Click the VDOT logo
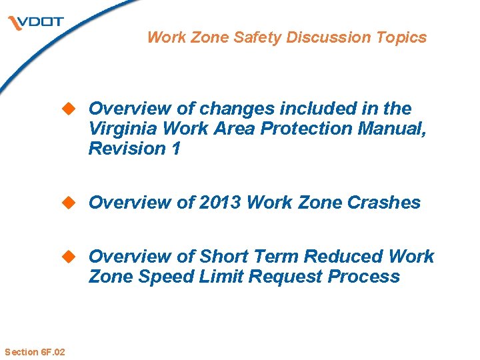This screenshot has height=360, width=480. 36,23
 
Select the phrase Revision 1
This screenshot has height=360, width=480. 133,148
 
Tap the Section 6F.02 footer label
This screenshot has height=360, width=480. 35,351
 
